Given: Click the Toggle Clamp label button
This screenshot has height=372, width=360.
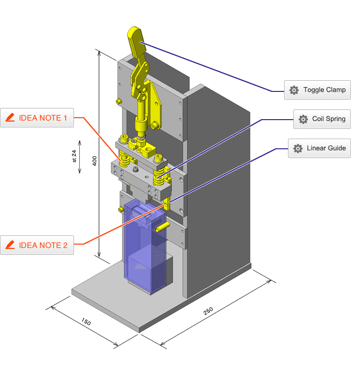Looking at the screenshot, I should (x=317, y=90).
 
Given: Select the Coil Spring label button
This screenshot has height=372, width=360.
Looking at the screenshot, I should (x=322, y=119).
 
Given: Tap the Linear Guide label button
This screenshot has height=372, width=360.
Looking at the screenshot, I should (x=319, y=148).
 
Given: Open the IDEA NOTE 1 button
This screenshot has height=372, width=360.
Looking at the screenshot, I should (x=37, y=118).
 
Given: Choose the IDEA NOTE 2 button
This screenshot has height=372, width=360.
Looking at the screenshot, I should (x=37, y=245).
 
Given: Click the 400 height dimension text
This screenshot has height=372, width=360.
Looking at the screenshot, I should (x=95, y=160).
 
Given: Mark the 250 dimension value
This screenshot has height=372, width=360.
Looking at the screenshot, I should (x=208, y=312).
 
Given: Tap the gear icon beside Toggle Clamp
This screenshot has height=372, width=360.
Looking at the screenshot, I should (x=294, y=90).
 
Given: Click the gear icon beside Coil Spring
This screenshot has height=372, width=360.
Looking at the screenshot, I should (x=303, y=119).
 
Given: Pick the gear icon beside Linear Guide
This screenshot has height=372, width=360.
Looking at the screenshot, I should (x=298, y=148).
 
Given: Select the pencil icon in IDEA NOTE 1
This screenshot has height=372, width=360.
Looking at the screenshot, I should (x=10, y=118).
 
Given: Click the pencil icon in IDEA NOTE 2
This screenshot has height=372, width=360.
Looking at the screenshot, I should (x=10, y=245).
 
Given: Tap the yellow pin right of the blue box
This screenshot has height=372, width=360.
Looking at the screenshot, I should (x=162, y=227).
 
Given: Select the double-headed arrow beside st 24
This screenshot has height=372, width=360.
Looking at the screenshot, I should (x=80, y=157).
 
